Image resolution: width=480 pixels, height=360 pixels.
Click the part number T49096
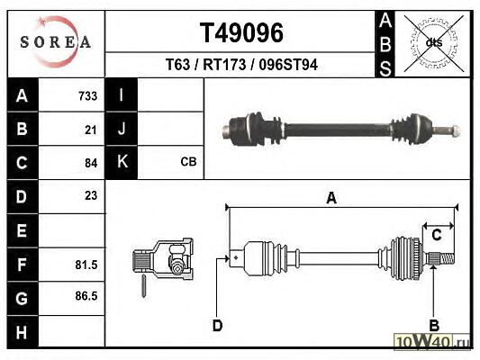click(241, 33)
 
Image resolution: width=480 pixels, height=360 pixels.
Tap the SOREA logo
click(56, 41)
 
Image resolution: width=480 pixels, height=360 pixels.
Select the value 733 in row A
click(88, 96)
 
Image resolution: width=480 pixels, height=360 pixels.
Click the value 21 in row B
click(91, 130)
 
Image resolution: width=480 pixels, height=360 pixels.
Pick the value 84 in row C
click(91, 163)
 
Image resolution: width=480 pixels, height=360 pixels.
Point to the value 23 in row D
click(91, 196)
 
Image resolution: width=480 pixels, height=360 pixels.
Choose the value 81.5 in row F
click(86, 265)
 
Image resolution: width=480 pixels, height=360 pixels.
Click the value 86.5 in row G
click(86, 296)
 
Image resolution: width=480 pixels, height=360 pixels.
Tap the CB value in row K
click(188, 162)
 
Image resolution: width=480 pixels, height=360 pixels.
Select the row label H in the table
click(22, 332)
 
